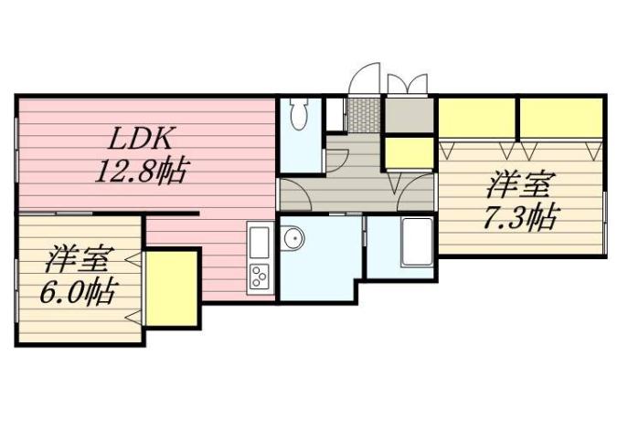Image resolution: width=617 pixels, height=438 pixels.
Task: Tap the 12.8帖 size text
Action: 142,170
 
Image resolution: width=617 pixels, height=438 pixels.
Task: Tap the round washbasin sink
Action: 293,239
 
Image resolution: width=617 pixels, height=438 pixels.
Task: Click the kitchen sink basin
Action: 259,244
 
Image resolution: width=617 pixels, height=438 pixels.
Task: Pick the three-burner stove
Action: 259,276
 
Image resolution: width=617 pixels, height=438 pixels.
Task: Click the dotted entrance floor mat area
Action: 363,115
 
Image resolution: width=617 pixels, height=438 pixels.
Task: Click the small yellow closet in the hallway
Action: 408,152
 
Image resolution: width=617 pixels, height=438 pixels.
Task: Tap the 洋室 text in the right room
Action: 517,186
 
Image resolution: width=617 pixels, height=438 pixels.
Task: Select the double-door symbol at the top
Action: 407,83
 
